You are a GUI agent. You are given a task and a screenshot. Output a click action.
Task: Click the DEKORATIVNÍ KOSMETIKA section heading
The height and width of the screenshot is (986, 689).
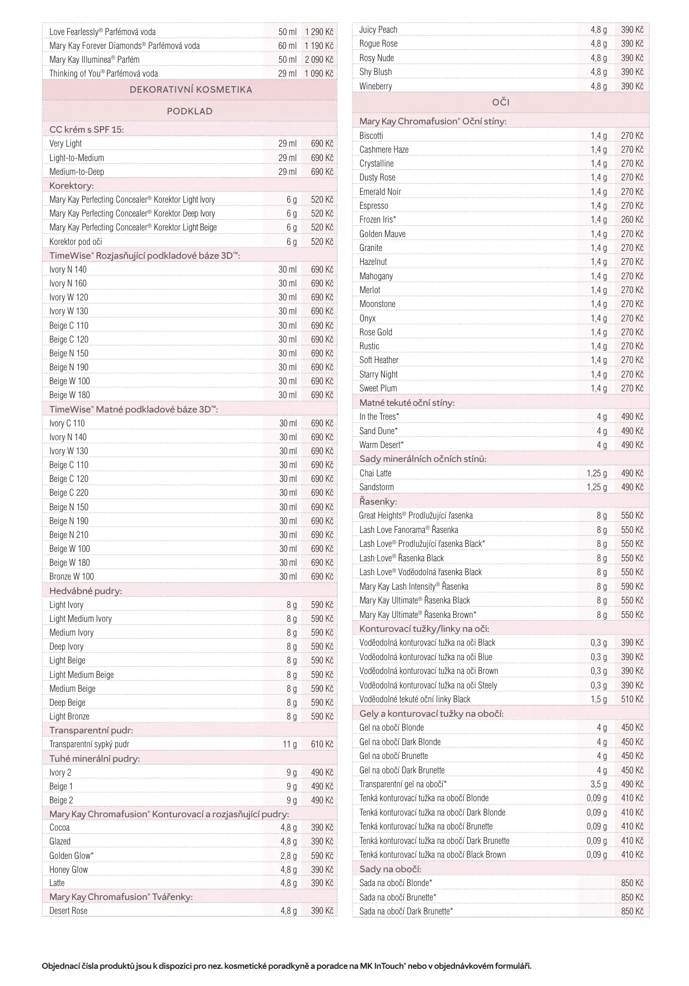point(190,89)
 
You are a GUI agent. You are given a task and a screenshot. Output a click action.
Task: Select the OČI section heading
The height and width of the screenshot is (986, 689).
point(500,102)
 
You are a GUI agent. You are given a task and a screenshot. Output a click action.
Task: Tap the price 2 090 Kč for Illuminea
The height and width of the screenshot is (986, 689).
point(319,59)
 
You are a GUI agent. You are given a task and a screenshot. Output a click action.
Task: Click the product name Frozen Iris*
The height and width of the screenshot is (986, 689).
point(377,219)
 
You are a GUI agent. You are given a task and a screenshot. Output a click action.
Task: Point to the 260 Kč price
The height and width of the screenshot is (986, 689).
point(632,219)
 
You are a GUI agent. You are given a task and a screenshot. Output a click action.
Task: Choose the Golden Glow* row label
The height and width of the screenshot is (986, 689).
point(71,856)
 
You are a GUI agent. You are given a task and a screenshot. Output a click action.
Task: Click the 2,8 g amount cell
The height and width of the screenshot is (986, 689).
point(288,856)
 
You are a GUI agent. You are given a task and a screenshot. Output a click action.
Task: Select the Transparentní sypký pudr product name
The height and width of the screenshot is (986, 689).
point(89,744)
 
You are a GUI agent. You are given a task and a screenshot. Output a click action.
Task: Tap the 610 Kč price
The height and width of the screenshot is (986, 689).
point(322,744)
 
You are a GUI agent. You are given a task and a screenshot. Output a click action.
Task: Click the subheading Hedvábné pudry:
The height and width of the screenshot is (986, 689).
point(85,591)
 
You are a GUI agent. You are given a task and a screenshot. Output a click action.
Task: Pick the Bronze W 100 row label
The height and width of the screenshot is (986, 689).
point(72,576)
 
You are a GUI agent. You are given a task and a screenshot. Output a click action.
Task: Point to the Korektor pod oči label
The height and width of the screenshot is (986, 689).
point(75,242)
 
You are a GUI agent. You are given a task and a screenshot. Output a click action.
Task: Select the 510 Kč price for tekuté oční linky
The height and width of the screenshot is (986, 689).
point(632,699)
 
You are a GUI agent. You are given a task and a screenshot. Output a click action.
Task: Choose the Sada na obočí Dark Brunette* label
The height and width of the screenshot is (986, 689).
point(406,911)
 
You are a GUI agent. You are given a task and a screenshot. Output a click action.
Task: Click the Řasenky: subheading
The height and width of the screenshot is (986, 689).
point(378,501)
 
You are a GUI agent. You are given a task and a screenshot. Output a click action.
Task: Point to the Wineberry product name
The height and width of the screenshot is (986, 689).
point(376,86)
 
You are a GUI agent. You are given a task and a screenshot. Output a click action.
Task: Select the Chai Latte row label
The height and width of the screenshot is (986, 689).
point(375,473)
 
